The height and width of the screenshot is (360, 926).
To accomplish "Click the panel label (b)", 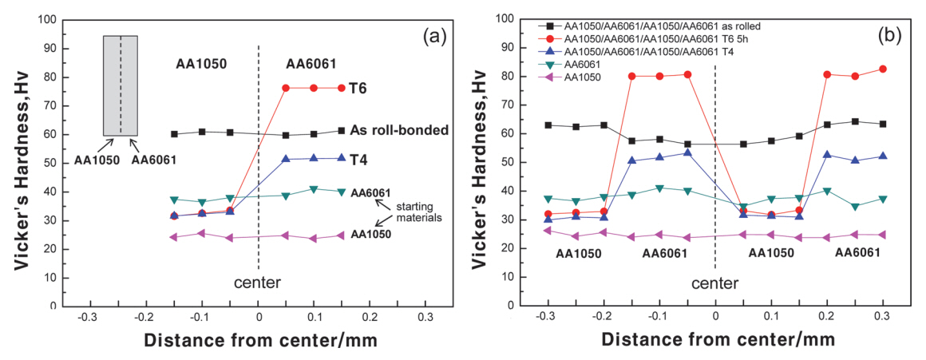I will (893, 35).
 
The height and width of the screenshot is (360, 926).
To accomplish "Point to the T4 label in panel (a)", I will (359, 160).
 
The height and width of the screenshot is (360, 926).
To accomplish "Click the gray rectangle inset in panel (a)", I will (121, 85).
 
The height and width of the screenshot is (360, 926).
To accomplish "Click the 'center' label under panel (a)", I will (259, 283).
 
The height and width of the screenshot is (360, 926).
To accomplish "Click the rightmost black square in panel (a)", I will (342, 130).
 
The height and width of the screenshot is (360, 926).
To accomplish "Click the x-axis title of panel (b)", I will (718, 339).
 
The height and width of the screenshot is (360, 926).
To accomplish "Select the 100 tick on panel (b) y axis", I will (504, 18).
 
